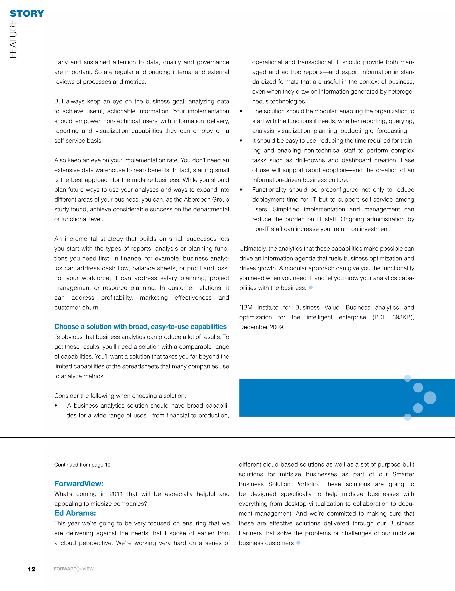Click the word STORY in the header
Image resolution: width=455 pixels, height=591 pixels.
tap(27, 14)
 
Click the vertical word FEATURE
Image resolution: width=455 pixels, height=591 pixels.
tap(13, 39)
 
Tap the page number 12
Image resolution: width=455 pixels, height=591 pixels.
tap(31, 569)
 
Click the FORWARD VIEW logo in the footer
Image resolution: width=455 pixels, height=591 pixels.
tap(74, 569)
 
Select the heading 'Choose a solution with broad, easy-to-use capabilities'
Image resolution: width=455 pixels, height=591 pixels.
tap(140, 327)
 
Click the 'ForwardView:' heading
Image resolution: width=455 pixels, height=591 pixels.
tap(79, 484)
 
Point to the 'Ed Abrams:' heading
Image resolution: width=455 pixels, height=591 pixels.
tap(75, 513)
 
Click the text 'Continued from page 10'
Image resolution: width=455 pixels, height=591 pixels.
tap(82, 465)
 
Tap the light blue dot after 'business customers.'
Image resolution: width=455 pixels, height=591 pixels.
tap(298, 543)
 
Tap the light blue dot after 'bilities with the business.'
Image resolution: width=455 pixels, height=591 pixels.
tap(311, 288)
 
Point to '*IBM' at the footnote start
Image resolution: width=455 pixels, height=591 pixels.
tap(246, 307)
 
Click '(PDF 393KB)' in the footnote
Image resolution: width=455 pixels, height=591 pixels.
tap(393, 317)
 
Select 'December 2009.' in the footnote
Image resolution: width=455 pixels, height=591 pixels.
tap(261, 327)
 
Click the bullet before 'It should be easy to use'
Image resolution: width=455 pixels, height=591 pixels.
tap(241, 141)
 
